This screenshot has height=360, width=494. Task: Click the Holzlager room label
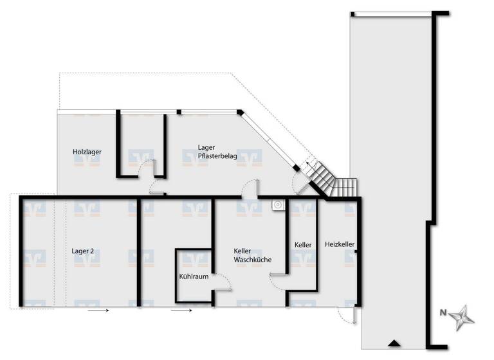[87, 152]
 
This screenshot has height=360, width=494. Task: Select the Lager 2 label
[83, 251]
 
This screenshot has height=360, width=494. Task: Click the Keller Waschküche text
[252, 255]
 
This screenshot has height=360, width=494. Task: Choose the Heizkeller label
[340, 244]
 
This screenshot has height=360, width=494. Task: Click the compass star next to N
[462, 317]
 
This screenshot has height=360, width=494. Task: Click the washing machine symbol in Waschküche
[278, 205]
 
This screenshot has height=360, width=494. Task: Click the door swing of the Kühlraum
[222, 282]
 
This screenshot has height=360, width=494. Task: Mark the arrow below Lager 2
[98, 310]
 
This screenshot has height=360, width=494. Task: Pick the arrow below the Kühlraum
[183, 310]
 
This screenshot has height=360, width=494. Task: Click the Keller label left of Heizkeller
[303, 245]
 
